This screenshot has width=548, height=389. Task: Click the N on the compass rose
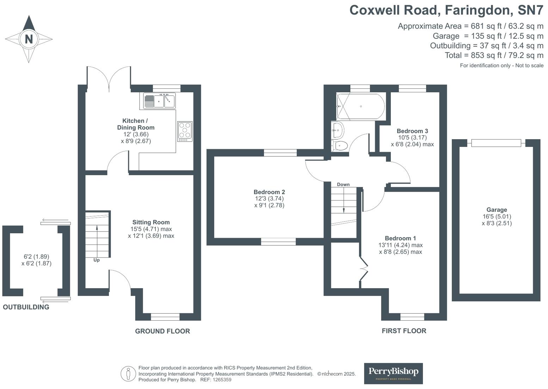(x=29, y=39)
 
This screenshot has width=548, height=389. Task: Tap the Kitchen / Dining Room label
(x=136, y=124)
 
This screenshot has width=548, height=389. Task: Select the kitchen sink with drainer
(x=159, y=101)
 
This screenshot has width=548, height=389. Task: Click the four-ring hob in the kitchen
(x=185, y=131)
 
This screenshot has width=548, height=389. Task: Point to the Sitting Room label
(x=151, y=222)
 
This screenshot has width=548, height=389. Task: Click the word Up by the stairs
(x=97, y=260)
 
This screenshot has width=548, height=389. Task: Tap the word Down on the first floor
(x=343, y=184)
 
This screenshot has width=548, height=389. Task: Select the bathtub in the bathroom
(x=360, y=106)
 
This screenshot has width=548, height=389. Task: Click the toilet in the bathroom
(x=339, y=145)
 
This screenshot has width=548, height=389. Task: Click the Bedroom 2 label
(x=269, y=192)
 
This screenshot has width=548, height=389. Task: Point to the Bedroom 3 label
(x=412, y=131)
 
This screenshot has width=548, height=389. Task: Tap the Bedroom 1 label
(x=400, y=238)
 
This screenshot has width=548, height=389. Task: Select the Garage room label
(x=497, y=210)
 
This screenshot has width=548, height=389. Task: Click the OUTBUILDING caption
(x=26, y=307)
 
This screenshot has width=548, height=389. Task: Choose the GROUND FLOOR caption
(x=162, y=331)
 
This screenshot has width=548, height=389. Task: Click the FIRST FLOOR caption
(x=404, y=331)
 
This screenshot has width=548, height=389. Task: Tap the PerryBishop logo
(x=393, y=373)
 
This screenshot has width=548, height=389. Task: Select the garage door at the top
(x=496, y=143)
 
